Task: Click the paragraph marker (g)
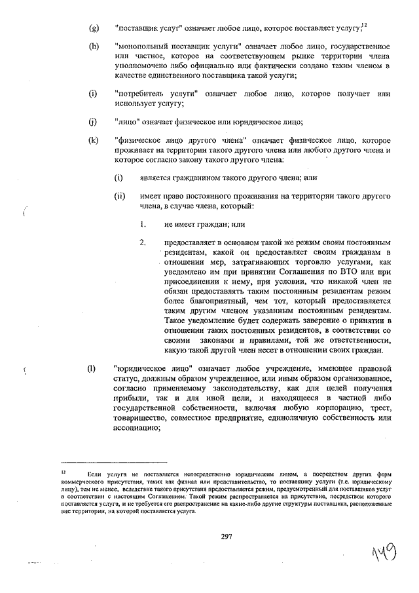point(94,28)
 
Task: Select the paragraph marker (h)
point(94,47)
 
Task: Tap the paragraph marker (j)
point(93,121)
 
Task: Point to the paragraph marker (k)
point(94,140)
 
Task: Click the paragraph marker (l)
point(92,368)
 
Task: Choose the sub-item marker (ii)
point(119,196)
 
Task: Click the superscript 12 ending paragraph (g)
point(364,26)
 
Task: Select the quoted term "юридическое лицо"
point(153,368)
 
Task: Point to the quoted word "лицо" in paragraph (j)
point(128,121)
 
